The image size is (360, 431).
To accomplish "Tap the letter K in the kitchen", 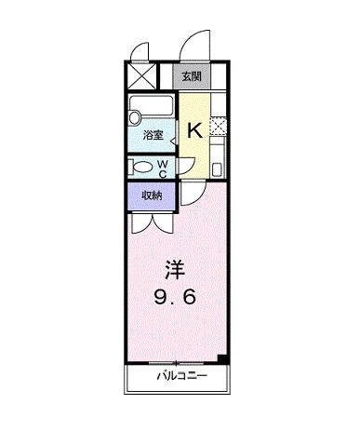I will (195, 129).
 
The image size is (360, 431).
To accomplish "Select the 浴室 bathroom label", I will (153, 136).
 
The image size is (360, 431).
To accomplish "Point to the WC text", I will (163, 168).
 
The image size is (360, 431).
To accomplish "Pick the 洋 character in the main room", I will (173, 270).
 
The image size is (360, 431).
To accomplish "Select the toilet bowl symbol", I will (142, 168).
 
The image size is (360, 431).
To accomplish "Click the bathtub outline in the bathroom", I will (153, 106).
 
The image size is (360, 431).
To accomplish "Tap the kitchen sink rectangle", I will (218, 162).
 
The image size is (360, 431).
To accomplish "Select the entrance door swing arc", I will (195, 45).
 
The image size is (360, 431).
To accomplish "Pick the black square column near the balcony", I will (220, 357).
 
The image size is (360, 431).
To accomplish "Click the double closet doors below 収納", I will (152, 222).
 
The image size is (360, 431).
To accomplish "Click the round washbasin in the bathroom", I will (135, 117).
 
